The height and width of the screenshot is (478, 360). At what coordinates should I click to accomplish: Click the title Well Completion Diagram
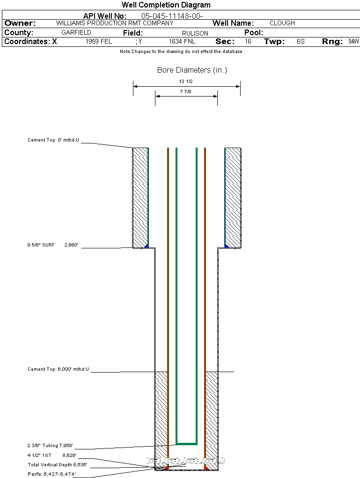click(x=166, y=5)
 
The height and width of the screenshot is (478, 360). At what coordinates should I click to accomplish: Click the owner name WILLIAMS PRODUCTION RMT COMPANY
click(x=115, y=23)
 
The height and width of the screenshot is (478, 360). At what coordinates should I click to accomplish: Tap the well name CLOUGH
click(x=282, y=23)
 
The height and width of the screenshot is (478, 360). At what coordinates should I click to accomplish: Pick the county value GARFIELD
click(x=76, y=33)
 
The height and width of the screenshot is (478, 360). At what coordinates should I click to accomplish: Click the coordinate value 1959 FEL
click(x=99, y=42)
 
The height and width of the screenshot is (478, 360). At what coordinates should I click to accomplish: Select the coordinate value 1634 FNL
click(x=182, y=42)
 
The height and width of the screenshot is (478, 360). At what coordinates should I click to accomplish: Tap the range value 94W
click(x=353, y=42)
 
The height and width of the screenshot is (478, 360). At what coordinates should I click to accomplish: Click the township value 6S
click(x=301, y=42)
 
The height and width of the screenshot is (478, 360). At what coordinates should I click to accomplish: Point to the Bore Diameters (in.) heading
click(x=192, y=70)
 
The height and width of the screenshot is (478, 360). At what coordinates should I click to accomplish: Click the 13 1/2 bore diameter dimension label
click(x=186, y=82)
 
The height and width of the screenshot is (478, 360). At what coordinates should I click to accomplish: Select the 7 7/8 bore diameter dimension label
click(x=186, y=92)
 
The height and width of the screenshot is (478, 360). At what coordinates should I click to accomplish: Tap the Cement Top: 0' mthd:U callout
click(x=54, y=140)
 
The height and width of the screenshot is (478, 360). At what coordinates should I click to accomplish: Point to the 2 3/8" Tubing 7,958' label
click(x=50, y=446)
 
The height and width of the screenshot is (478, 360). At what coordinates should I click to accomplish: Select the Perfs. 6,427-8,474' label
click(x=51, y=474)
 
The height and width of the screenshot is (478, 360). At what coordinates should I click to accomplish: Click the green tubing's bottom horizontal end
click(x=186, y=443)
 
